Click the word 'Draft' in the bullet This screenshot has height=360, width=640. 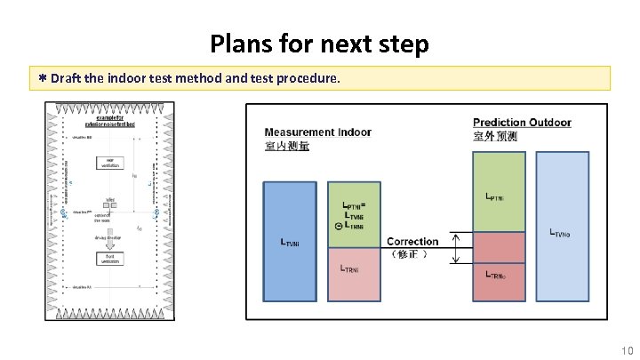click(68, 78)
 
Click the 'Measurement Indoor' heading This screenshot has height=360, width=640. click(317, 132)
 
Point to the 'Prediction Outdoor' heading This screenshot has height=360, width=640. click(521, 123)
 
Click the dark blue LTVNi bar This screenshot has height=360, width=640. click(289, 240)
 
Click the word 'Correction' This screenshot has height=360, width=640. click(412, 242)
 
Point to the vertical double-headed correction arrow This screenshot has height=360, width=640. click(455, 249)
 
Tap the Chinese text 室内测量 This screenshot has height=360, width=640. click(287, 146)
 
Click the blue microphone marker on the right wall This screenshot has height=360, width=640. click(156, 213)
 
